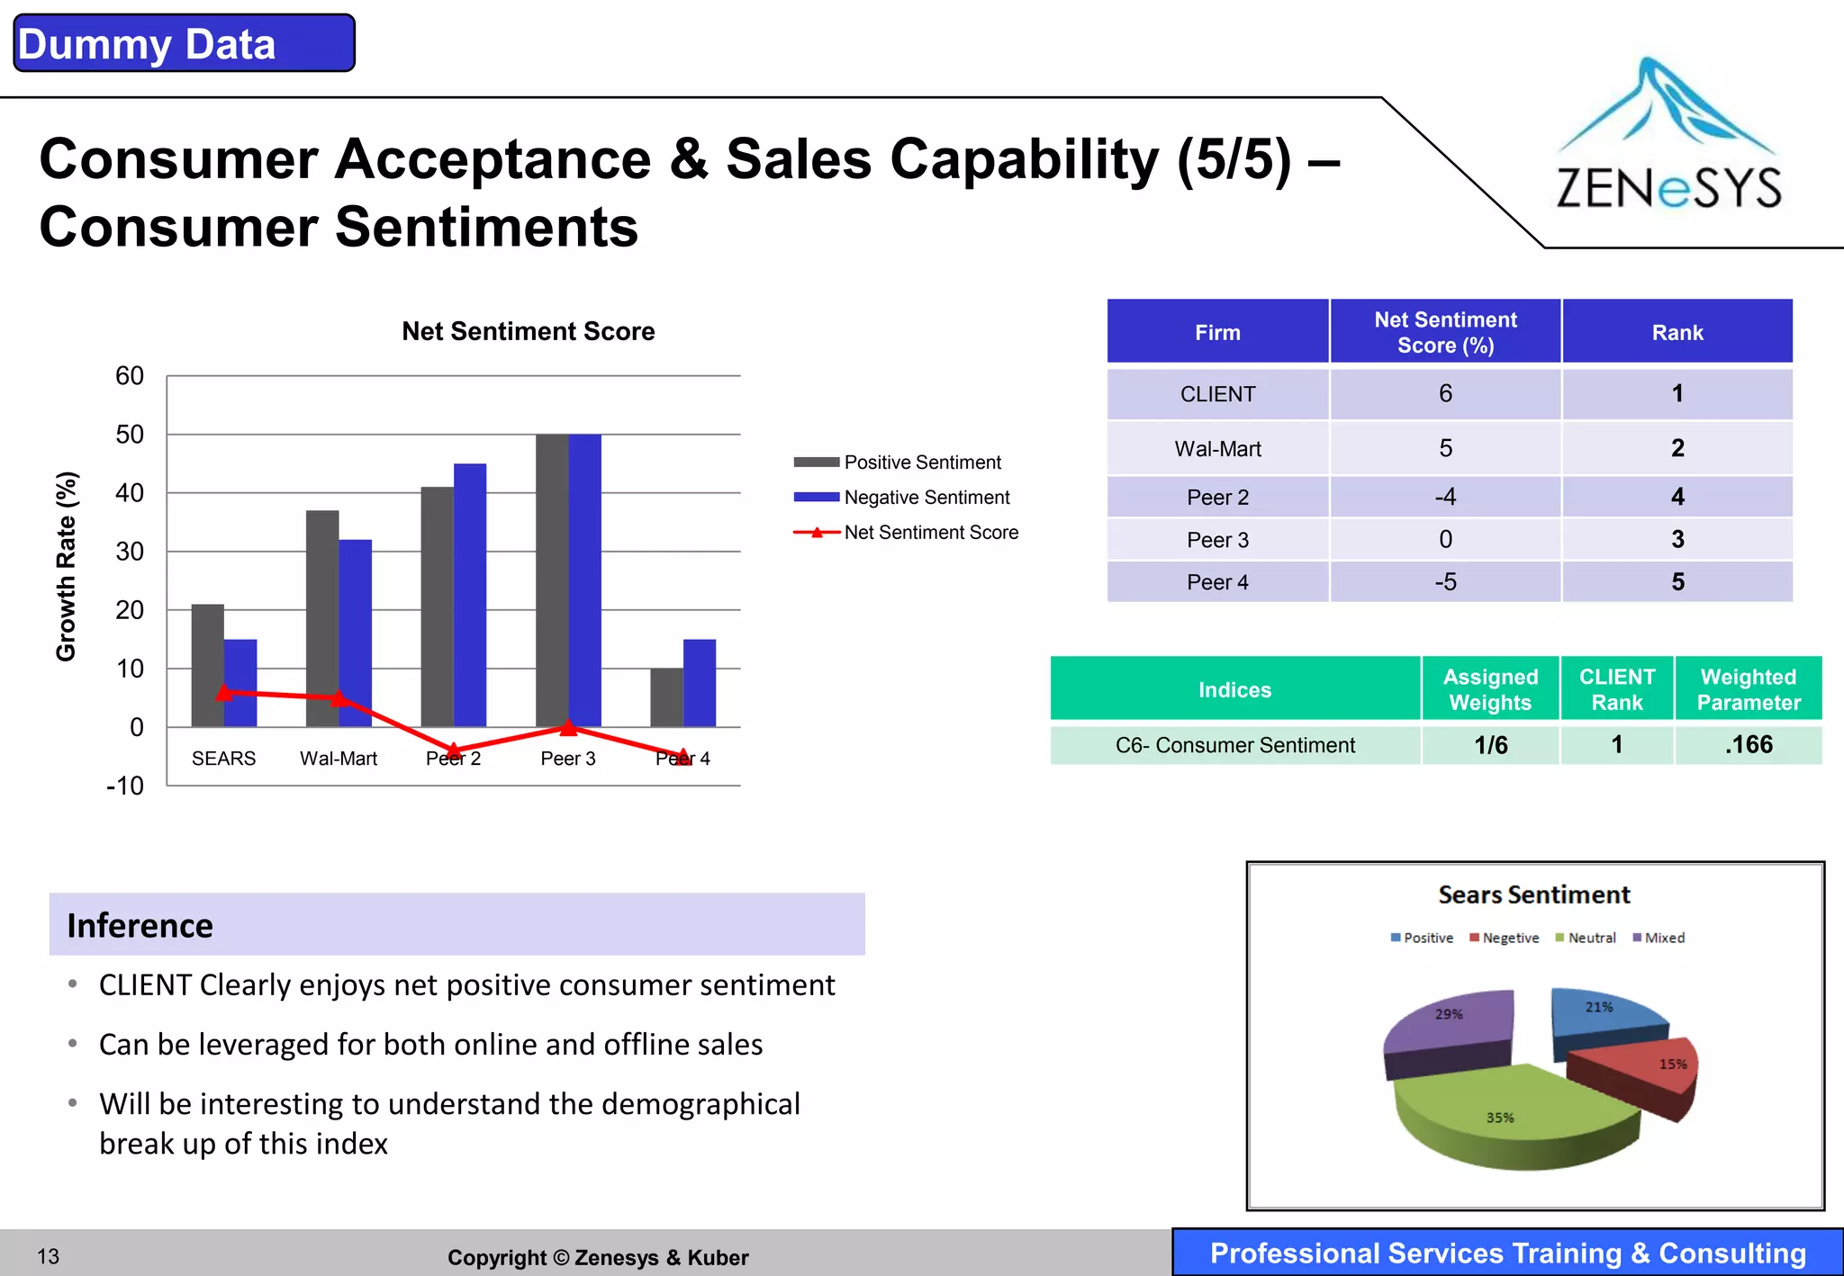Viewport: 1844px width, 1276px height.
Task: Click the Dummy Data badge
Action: pyautogui.click(x=184, y=43)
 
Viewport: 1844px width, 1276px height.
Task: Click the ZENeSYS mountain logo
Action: pyautogui.click(x=1668, y=135)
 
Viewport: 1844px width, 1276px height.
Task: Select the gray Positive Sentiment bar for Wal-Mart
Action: pyautogui.click(x=322, y=618)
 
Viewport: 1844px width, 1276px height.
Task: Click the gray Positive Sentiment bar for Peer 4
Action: pyautogui.click(x=666, y=697)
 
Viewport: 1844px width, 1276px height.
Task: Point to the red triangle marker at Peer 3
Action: pyautogui.click(x=568, y=727)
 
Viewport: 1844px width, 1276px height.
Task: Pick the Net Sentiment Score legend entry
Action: pyautogui.click(x=930, y=533)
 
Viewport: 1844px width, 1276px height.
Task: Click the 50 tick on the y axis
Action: pyautogui.click(x=130, y=435)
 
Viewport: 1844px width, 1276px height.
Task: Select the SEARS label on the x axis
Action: pyautogui.click(x=223, y=759)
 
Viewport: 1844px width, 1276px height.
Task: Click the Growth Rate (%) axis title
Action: pyautogui.click(x=67, y=567)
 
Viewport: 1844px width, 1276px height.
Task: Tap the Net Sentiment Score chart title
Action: pyautogui.click(x=528, y=331)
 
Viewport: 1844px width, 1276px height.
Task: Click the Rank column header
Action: pyautogui.click(x=1677, y=333)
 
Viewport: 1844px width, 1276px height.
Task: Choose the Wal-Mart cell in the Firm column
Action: pyautogui.click(x=1217, y=449)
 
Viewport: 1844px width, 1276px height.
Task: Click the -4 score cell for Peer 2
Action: pyautogui.click(x=1445, y=497)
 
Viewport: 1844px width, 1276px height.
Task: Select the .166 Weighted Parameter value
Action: pyautogui.click(x=1748, y=745)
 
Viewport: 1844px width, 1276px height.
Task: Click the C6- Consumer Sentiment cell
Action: pyautogui.click(x=1234, y=745)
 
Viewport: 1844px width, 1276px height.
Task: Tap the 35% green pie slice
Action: pyautogui.click(x=1504, y=1111)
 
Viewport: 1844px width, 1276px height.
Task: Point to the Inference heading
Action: pyautogui.click(x=140, y=925)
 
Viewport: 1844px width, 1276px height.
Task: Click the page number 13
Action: pyautogui.click(x=49, y=1256)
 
